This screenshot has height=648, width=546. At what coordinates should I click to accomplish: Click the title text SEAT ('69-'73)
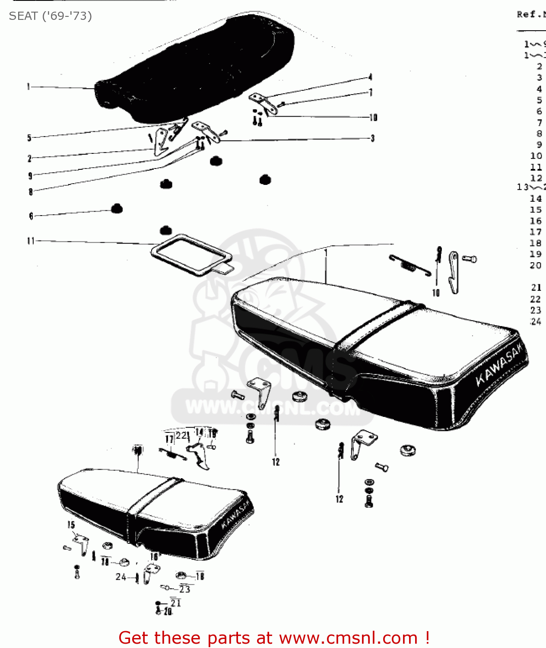coord(51,16)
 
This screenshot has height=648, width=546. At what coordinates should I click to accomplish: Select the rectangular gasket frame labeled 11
coord(190,255)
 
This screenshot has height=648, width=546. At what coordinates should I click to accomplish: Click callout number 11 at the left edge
coord(31,241)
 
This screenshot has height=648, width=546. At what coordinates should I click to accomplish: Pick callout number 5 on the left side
coord(29,138)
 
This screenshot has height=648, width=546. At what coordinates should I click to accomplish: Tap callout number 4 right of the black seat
coord(370,77)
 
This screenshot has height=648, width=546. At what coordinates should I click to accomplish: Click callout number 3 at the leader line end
coord(372,138)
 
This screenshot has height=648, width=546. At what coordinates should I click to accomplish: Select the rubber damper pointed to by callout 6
coord(117,209)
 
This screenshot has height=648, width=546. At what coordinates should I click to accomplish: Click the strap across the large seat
coord(376,326)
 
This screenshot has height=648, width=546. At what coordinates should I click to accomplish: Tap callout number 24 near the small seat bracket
coord(121,577)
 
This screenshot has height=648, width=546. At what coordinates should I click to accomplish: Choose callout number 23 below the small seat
coord(185,589)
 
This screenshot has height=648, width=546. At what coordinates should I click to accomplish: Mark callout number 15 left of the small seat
coord(71,525)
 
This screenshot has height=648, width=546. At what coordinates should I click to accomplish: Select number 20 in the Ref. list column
coord(536,265)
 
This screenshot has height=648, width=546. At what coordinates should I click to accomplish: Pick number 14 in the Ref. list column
coord(536,198)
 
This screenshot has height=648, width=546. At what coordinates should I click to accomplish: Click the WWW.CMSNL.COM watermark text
coord(272,408)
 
